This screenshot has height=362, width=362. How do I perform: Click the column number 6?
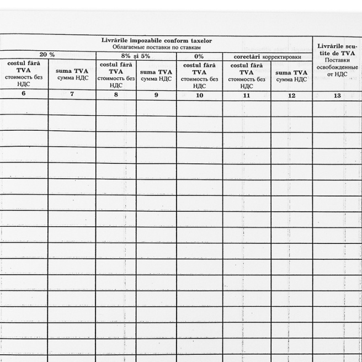[x=23, y=93]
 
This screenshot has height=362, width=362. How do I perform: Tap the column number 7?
[x=72, y=94]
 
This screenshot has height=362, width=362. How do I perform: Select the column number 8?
[x=116, y=94]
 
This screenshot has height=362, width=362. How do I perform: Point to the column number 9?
[x=156, y=95]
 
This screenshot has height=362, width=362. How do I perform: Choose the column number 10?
[x=200, y=95]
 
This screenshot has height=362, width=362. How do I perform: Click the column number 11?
[x=247, y=95]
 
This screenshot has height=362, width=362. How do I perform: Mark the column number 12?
[x=292, y=95]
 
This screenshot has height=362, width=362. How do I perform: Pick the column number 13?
[x=338, y=95]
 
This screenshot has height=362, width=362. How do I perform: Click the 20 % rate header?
[x=47, y=55]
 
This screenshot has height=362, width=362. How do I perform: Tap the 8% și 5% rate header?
[x=136, y=56]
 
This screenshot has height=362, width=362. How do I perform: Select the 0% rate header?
[x=199, y=56]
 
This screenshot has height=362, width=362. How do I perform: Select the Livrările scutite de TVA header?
[x=337, y=49]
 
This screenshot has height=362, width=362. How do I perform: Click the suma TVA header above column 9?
[x=156, y=75]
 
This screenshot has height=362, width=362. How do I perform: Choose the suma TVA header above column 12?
[x=291, y=76]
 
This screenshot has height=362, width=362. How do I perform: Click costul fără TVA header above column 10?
[x=199, y=76]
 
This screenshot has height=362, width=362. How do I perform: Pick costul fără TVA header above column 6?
[x=23, y=74]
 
